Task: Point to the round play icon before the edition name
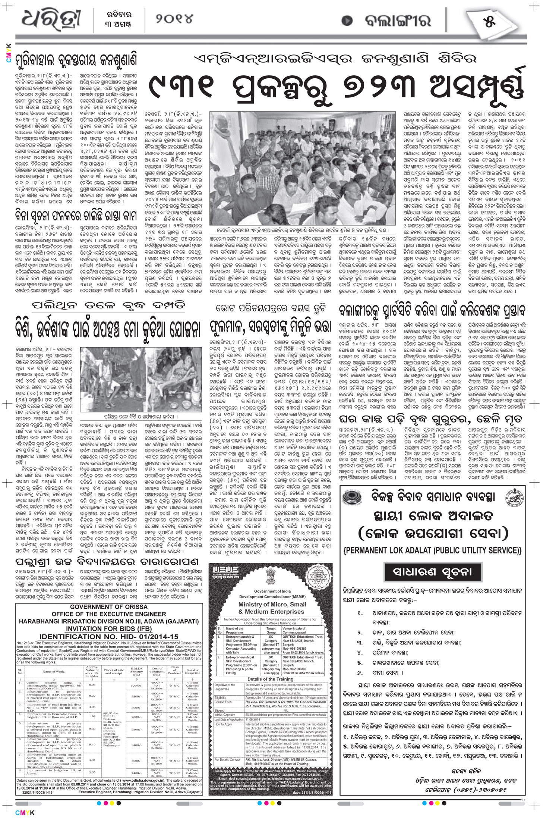click(347, 22)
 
